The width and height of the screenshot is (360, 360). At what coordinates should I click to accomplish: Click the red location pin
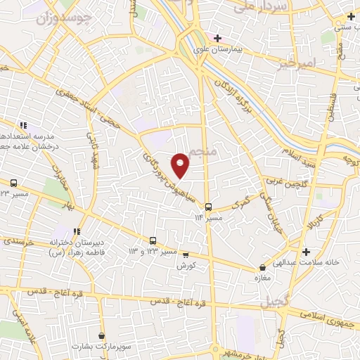(181, 165)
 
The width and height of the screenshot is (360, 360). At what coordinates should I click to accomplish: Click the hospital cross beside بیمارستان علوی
(218, 38)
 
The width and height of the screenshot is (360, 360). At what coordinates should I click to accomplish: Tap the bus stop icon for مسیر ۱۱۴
(208, 207)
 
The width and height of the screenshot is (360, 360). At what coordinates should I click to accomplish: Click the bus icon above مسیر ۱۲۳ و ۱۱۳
(153, 241)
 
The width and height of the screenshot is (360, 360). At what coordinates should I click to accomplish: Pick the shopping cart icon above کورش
(186, 256)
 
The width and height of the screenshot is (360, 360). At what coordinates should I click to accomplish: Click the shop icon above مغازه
(262, 268)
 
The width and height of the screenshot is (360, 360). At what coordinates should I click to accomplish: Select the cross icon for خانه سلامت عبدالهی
(305, 252)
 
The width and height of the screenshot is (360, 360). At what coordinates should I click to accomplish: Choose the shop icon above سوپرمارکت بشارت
(103, 337)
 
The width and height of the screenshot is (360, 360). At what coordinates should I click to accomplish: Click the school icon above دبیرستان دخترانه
(76, 231)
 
